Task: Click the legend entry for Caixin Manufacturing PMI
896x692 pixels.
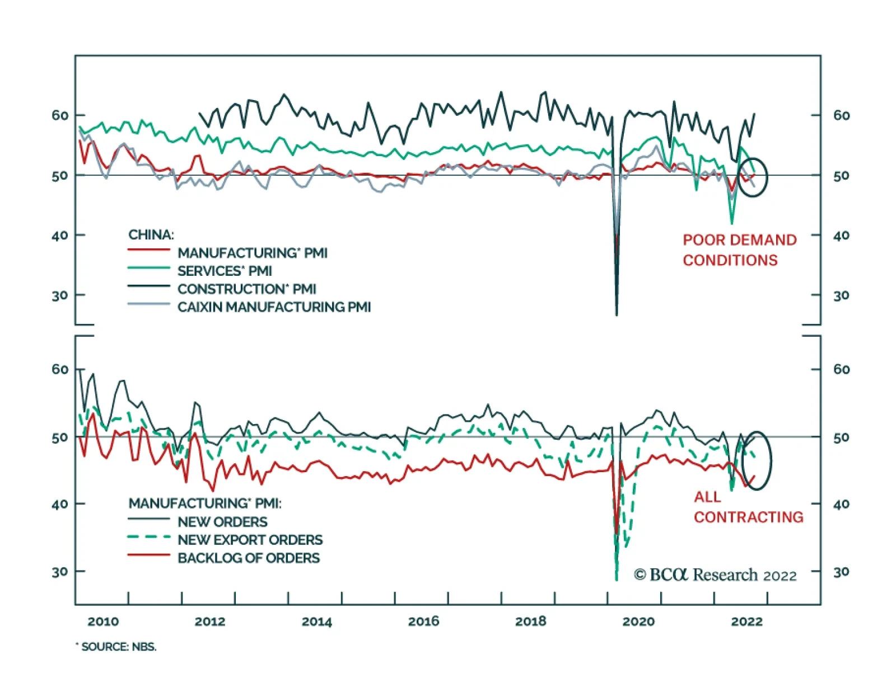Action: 274,307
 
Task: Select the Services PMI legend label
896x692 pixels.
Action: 225,271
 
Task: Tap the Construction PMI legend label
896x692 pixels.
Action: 246,289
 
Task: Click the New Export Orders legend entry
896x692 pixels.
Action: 250,540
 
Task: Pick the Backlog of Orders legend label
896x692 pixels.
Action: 249,558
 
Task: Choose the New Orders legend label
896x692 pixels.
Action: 222,522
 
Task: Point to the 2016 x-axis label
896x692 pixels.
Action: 423,622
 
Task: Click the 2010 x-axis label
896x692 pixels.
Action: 103,622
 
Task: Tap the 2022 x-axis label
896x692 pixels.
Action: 746,622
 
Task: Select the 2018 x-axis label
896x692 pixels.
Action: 530,622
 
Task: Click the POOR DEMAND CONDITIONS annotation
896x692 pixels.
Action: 739,250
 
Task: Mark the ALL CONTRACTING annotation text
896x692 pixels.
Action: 748,507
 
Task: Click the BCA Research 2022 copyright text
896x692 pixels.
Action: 715,575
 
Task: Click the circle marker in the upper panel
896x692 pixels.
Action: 752,177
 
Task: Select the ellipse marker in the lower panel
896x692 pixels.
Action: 757,460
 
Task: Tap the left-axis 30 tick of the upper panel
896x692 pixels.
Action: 60,295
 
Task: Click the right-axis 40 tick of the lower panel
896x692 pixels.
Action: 841,505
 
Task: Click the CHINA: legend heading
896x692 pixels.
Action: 151,235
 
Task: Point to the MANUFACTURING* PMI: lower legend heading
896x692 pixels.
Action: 205,503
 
